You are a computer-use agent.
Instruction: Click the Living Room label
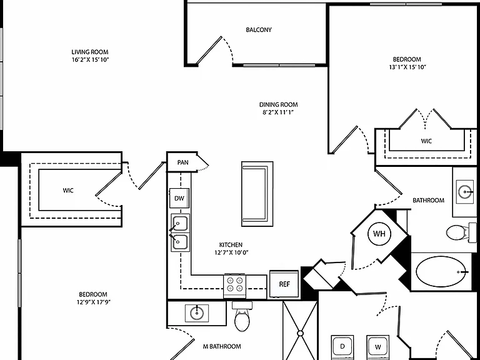(x=90, y=52)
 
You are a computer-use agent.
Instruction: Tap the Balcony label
(x=259, y=30)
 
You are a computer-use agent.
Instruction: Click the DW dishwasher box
(x=179, y=198)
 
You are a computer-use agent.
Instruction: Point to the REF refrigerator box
(x=284, y=284)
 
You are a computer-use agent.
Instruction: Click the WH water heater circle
(x=379, y=234)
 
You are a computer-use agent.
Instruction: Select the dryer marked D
(x=342, y=347)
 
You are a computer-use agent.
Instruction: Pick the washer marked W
(x=378, y=347)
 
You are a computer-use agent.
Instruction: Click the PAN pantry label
(x=182, y=162)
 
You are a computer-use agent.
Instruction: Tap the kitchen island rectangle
(x=257, y=194)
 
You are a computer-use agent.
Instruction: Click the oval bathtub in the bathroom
(x=442, y=271)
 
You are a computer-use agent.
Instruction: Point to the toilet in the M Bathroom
(x=242, y=317)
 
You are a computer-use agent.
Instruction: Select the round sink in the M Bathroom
(x=196, y=313)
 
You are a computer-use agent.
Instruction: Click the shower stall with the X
(x=300, y=331)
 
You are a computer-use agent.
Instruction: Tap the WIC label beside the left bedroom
(x=68, y=191)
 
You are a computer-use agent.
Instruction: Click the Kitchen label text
(x=231, y=244)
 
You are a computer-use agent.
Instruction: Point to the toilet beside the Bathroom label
(x=457, y=232)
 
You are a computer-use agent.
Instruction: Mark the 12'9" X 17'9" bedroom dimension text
(x=93, y=302)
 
